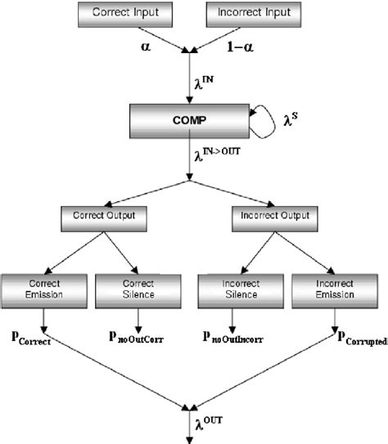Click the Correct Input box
click(x=128, y=13)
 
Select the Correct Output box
click(x=104, y=218)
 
